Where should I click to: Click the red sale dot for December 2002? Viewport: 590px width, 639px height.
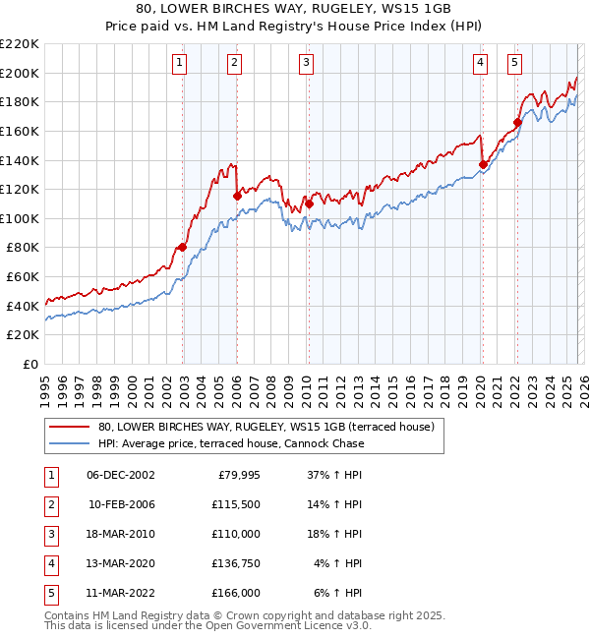point(183,248)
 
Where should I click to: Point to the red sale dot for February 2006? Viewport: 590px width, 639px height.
point(237,196)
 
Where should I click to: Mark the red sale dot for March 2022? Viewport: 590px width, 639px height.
point(516,123)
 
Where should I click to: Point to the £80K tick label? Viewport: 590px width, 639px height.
point(23,248)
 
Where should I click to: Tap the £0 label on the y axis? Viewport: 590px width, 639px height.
point(29,365)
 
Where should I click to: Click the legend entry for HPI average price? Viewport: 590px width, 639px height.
point(231,443)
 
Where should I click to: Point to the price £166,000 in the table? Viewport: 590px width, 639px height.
point(237,593)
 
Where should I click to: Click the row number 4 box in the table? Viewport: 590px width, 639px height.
point(48,563)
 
